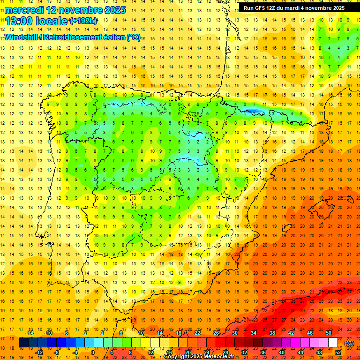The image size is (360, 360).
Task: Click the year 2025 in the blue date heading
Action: pyautogui.click(x=112, y=10)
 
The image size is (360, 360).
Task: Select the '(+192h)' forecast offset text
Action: pyautogui.click(x=83, y=21)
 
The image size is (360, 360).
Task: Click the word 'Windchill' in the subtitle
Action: pyautogui.click(x=21, y=37)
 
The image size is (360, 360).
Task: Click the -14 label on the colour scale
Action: pyautogui.click(x=30, y=333)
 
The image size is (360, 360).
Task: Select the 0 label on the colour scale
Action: pyautogui.click(x=93, y=352)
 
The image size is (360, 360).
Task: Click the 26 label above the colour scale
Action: pyautogui.click(x=216, y=333)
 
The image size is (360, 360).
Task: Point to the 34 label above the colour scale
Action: pyautogui.click(x=254, y=333)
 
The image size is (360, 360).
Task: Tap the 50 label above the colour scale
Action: pyautogui.click(x=329, y=333)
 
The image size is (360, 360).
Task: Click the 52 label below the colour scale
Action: pyautogui.click(x=338, y=352)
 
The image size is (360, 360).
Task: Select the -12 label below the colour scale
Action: pyautogui.click(x=39, y=352)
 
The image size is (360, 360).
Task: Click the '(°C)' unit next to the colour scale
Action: pyautogui.click(x=349, y=343)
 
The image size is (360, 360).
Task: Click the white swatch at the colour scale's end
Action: pyautogui.click(x=333, y=343)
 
